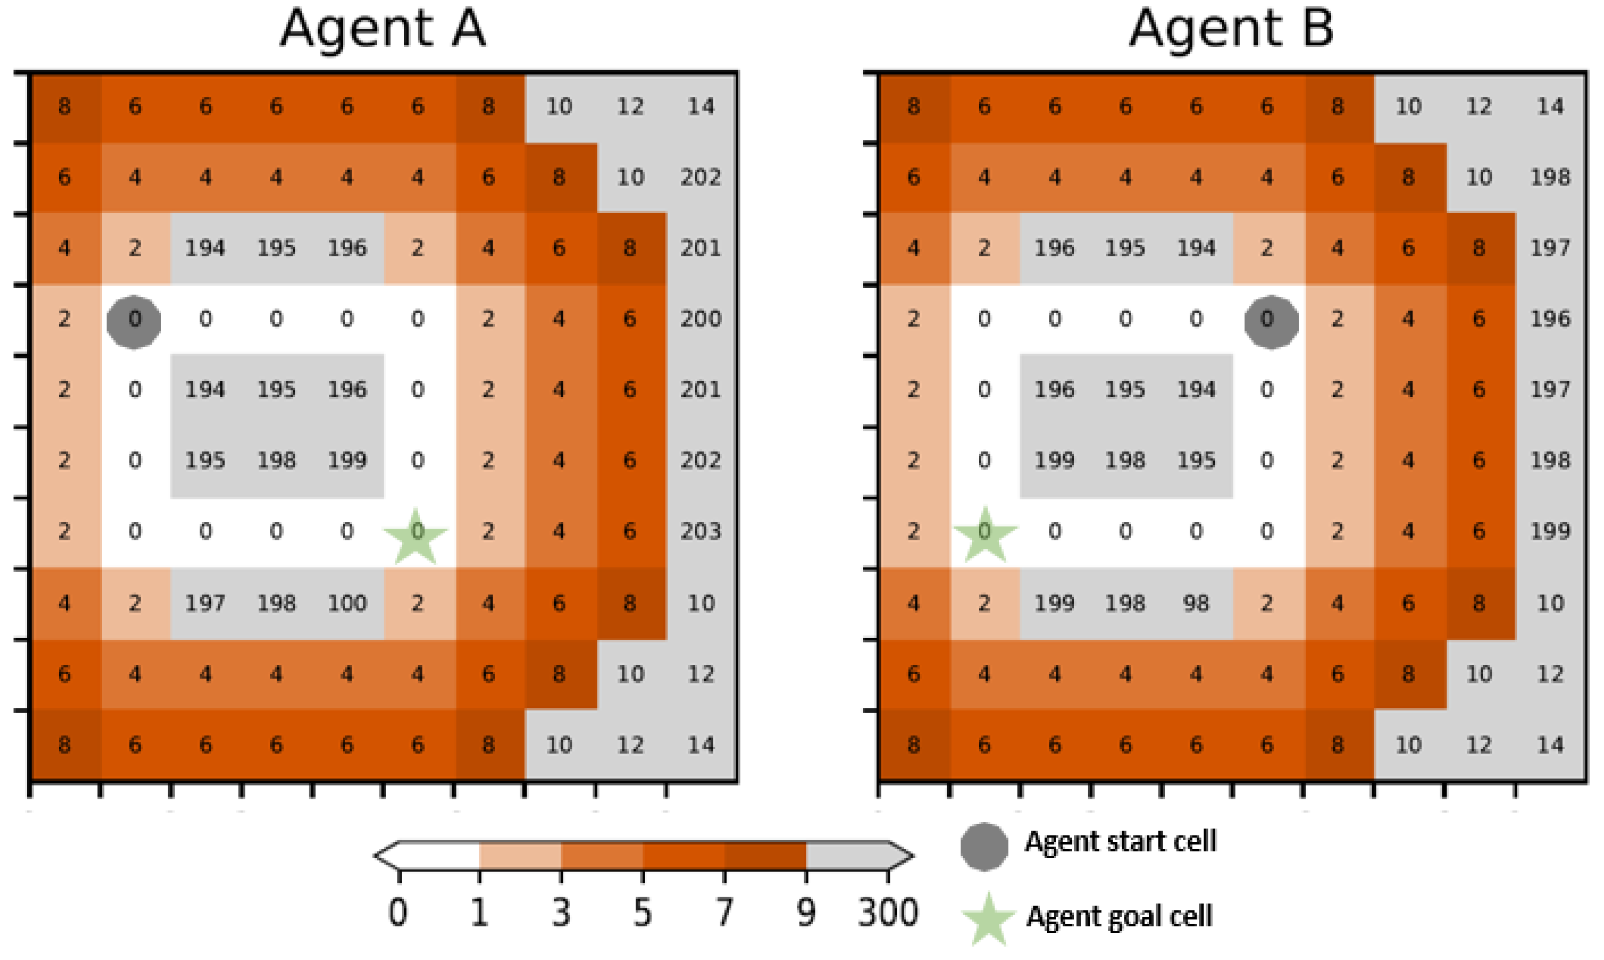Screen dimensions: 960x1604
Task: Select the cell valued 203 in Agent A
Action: point(701,532)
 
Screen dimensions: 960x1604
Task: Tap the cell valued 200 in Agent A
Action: point(701,319)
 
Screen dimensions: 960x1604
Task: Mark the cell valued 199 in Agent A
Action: point(348,461)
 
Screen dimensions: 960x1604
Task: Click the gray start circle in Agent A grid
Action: point(134,321)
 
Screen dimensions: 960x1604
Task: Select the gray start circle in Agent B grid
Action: point(1271,321)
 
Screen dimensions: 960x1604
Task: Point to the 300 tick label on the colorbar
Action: point(888,913)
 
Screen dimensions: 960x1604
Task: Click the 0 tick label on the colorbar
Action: point(398,913)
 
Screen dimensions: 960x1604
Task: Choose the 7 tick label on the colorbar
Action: point(724,913)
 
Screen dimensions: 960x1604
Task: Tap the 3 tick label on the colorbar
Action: point(561,913)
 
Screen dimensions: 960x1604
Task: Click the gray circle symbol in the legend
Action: point(984,846)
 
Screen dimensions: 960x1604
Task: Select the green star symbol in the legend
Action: point(988,919)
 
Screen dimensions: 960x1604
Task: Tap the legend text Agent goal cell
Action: point(1119,917)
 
